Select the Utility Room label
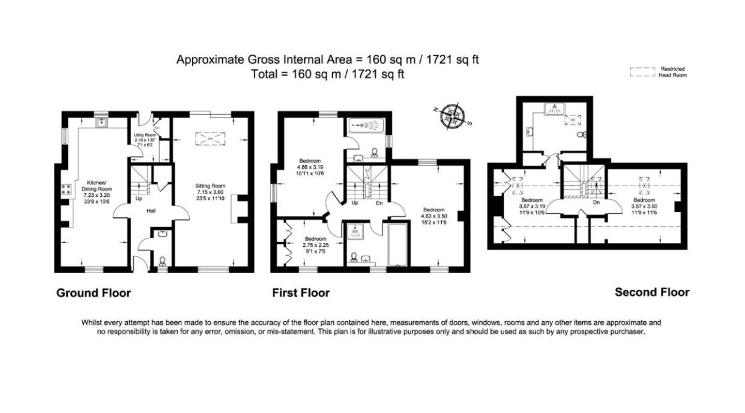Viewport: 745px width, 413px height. [x=145, y=136]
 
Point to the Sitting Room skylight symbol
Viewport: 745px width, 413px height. [x=208, y=139]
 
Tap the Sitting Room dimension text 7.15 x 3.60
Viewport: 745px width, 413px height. [x=210, y=193]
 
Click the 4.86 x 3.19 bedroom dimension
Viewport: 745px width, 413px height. [x=310, y=167]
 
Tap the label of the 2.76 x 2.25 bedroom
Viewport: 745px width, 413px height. [x=315, y=238]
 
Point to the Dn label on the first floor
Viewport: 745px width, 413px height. [x=379, y=203]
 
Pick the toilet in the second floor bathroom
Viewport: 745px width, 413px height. [x=581, y=135]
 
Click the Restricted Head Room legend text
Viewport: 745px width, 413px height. [x=672, y=72]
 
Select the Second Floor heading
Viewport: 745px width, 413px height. [x=652, y=292]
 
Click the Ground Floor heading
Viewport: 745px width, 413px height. [x=93, y=293]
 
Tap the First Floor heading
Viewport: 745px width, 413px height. [x=301, y=293]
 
